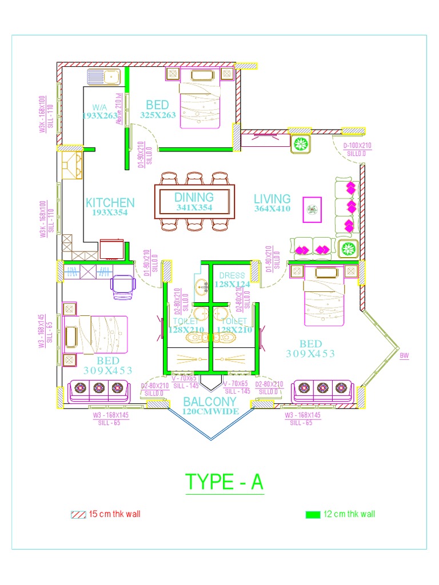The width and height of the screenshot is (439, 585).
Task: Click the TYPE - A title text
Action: pyautogui.click(x=225, y=483)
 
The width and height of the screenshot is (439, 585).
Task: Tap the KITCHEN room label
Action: pyautogui.click(x=110, y=202)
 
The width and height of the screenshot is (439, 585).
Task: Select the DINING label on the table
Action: pyautogui.click(x=194, y=198)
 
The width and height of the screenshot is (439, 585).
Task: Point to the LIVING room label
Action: pyautogui.click(x=272, y=199)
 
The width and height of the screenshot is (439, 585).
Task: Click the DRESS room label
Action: pyautogui.click(x=232, y=276)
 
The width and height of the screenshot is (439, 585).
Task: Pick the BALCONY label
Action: pyautogui.click(x=210, y=402)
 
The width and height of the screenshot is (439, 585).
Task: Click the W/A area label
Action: pyautogui.click(x=99, y=107)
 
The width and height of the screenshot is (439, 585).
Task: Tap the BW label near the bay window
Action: pyautogui.click(x=405, y=355)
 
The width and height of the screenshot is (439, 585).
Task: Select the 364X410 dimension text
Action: pyautogui.click(x=273, y=209)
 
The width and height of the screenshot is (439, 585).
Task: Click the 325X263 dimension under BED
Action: pyautogui.click(x=158, y=115)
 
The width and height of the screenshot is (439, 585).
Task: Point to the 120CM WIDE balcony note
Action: pyautogui.click(x=210, y=411)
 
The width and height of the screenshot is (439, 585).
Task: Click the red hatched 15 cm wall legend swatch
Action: pyautogui.click(x=78, y=514)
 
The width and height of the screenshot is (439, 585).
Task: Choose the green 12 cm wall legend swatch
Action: pyautogui.click(x=313, y=514)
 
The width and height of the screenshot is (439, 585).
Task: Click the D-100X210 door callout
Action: pyautogui.click(x=357, y=146)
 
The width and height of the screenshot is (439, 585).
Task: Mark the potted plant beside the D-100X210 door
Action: pyautogui.click(x=301, y=144)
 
